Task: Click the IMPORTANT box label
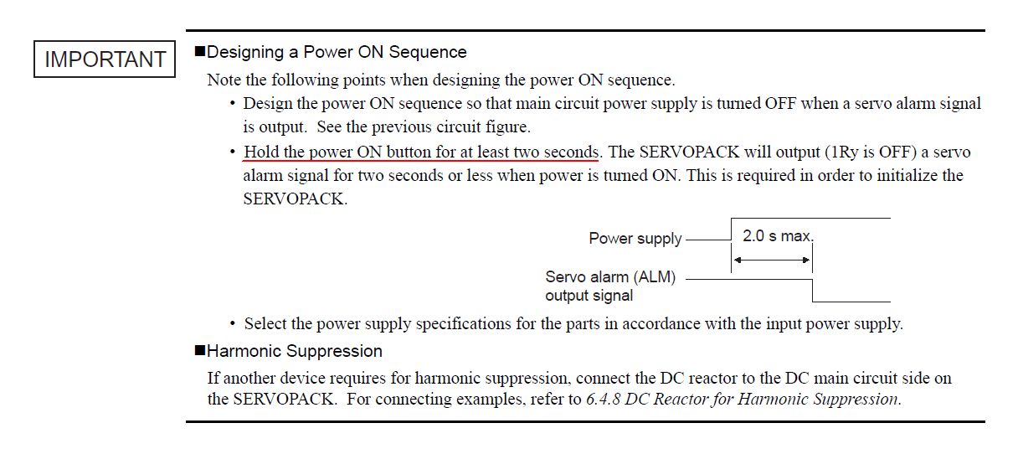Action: coord(105,59)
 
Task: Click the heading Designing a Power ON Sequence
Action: coord(337,52)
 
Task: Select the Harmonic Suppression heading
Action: coord(295,351)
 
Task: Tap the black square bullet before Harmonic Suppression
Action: coord(200,350)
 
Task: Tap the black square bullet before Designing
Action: coord(200,51)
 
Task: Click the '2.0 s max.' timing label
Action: coord(778,236)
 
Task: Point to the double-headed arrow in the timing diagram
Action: coord(772,261)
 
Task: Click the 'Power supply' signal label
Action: coord(635,239)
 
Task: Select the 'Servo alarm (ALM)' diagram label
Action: coord(610,277)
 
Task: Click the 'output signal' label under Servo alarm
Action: coord(589,296)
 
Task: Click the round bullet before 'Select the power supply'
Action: coord(233,324)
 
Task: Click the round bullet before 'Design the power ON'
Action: coord(233,104)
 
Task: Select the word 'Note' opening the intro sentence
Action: coord(224,80)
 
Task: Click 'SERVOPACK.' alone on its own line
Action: coord(296,199)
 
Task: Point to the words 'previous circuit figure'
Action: coord(450,127)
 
